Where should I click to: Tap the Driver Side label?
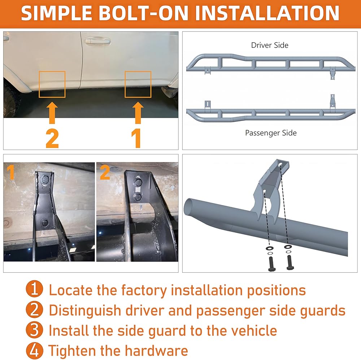click(270, 45)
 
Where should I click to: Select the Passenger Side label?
click(271, 133)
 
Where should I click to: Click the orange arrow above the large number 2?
click(52, 113)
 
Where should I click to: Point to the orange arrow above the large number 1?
click(138, 113)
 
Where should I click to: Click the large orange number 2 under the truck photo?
click(52, 138)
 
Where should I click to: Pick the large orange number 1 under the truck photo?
click(136, 138)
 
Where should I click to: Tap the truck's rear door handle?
click(97, 41)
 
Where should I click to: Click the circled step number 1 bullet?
click(34, 289)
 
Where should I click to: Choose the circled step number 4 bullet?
click(34, 351)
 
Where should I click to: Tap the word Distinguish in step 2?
click(85, 311)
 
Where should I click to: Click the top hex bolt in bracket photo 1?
click(44, 178)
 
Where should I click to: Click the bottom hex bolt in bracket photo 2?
click(138, 197)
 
